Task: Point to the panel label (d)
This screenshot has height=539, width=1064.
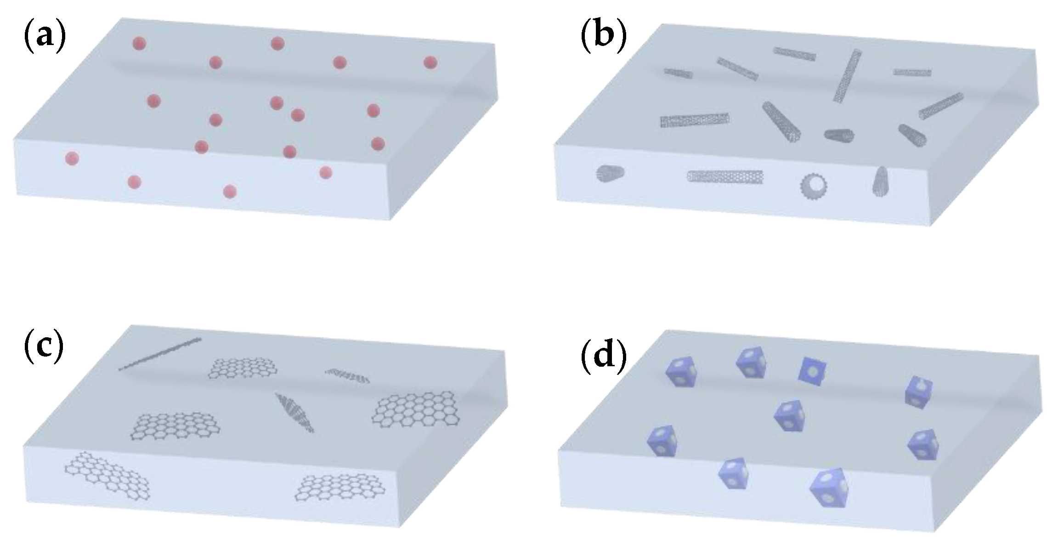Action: point(603,357)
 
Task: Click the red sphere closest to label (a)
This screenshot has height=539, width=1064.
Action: point(139,44)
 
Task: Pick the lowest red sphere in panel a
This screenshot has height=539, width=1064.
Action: point(229,191)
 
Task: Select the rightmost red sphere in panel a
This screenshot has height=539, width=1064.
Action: point(430,62)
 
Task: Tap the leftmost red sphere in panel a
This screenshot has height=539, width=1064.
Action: point(72,159)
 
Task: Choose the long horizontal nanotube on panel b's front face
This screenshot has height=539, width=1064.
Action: point(725,176)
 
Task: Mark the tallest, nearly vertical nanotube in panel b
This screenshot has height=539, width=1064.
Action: point(847,75)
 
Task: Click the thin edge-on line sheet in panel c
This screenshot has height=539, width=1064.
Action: point(160,354)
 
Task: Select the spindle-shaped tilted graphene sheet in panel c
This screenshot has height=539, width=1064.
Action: point(294,412)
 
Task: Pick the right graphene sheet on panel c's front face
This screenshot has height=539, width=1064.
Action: point(340,494)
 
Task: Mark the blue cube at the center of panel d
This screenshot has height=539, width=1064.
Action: point(789,415)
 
